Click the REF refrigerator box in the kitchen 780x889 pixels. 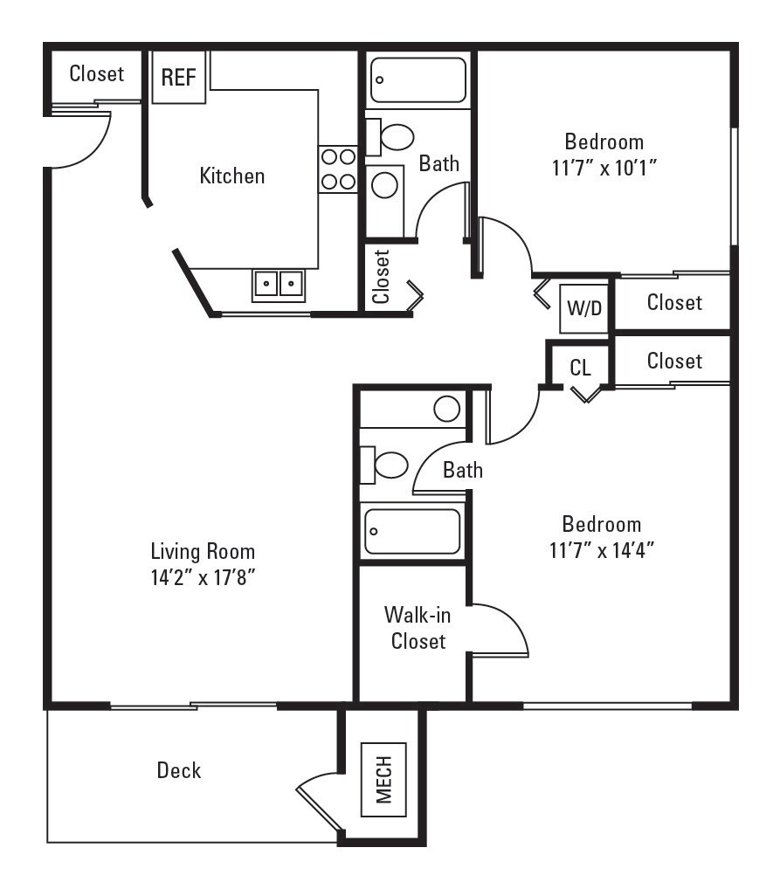tap(178, 77)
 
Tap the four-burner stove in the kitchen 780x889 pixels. tap(338, 169)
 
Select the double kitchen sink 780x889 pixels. tap(279, 284)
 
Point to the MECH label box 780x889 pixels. tap(384, 779)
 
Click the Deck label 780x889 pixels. tap(179, 770)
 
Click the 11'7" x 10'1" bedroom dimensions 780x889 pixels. tap(604, 168)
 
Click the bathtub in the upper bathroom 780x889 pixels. tap(418, 80)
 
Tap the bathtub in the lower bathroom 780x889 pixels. tap(412, 531)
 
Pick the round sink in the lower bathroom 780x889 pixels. tap(447, 408)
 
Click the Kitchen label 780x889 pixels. tap(232, 176)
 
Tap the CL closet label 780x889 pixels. tap(581, 367)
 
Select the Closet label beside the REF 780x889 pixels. tap(97, 73)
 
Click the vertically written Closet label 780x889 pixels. tap(382, 277)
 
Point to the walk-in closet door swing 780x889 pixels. tap(502, 627)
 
